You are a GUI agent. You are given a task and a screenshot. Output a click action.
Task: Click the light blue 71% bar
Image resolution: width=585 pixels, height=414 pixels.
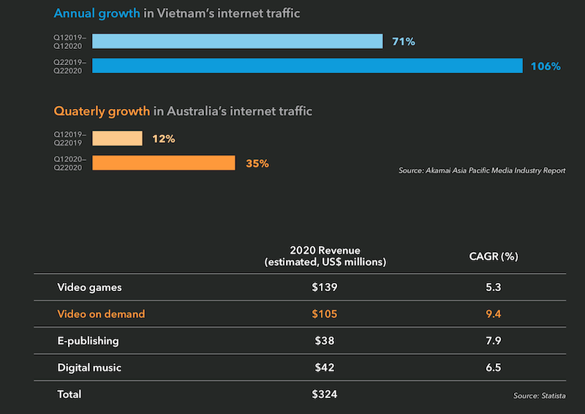click(x=238, y=42)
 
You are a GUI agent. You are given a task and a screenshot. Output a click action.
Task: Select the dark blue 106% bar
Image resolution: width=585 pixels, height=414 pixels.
click(x=307, y=66)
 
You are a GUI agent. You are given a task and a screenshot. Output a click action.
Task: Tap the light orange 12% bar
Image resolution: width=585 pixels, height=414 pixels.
click(x=118, y=139)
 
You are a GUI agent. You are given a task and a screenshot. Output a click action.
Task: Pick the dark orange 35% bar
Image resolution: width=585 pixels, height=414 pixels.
click(x=164, y=163)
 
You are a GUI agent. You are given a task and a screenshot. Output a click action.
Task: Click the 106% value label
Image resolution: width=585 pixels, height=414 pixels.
click(x=546, y=67)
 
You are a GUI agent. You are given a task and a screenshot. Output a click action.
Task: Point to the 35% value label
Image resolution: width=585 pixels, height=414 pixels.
click(x=257, y=164)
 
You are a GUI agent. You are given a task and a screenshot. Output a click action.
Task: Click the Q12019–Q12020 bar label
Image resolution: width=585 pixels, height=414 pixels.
click(x=69, y=42)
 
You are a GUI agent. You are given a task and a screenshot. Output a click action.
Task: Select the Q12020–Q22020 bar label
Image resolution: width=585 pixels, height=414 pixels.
click(x=69, y=163)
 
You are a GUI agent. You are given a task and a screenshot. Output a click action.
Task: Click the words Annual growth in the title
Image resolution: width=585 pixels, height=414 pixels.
click(x=97, y=14)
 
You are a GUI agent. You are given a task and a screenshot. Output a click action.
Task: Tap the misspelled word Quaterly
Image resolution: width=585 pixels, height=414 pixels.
click(x=80, y=111)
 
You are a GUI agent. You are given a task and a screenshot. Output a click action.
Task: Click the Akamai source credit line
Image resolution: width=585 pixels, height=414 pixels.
click(x=482, y=170)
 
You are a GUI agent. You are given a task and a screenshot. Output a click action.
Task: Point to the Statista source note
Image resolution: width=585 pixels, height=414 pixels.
click(x=540, y=396)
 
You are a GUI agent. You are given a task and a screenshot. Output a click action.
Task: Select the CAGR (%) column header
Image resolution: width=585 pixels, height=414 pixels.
click(x=493, y=256)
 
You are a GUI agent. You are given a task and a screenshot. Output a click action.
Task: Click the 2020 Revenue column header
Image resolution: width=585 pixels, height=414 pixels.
click(x=325, y=256)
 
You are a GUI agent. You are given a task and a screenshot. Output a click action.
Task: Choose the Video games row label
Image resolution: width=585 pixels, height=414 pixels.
click(x=89, y=287)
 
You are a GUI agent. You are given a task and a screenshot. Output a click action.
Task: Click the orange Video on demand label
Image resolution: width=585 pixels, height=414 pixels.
click(x=101, y=314)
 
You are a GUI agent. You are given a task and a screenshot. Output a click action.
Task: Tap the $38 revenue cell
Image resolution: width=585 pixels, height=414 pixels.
click(x=325, y=341)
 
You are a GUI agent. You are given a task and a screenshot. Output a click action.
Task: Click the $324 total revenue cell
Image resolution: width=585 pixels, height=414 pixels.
click(x=325, y=394)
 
